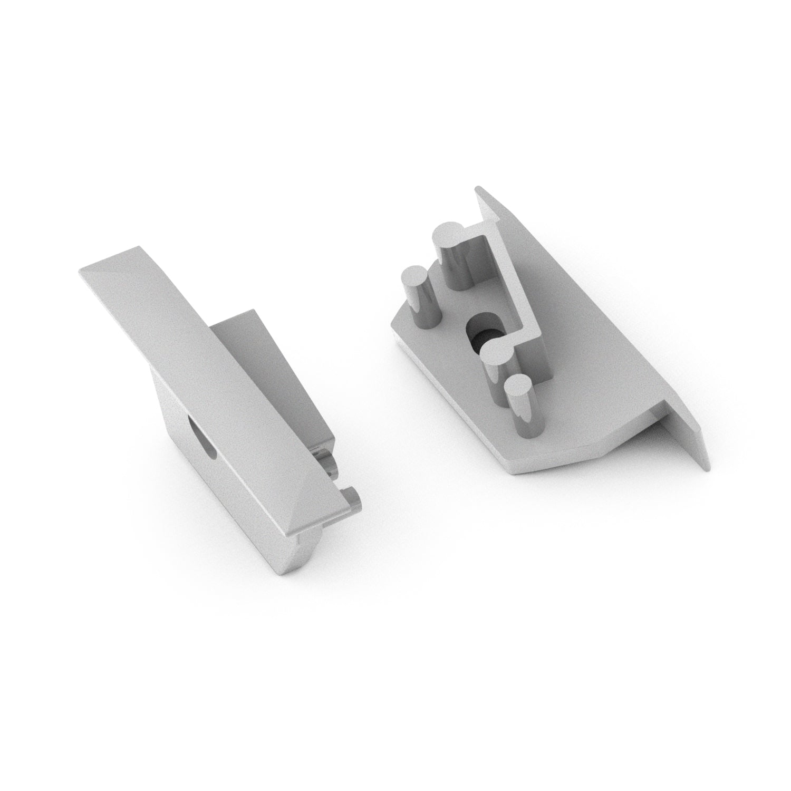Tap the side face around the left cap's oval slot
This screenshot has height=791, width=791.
tap(185, 422)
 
